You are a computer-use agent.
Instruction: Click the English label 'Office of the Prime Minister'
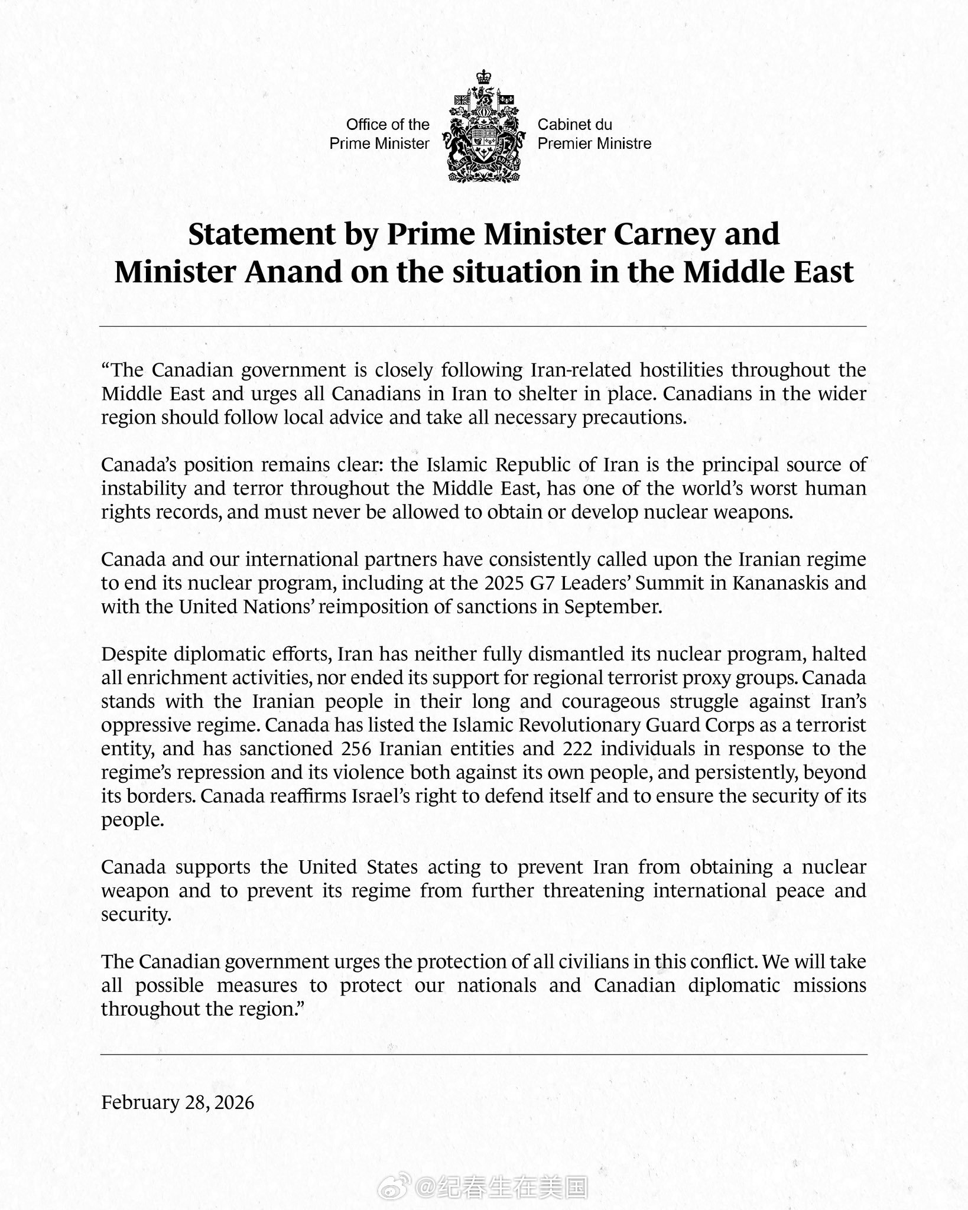[379, 134]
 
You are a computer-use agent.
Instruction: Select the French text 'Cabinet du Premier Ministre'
[594, 134]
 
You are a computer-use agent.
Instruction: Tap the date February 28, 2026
[177, 1102]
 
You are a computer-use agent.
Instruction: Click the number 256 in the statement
[356, 749]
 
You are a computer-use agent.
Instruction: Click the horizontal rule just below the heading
[483, 326]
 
